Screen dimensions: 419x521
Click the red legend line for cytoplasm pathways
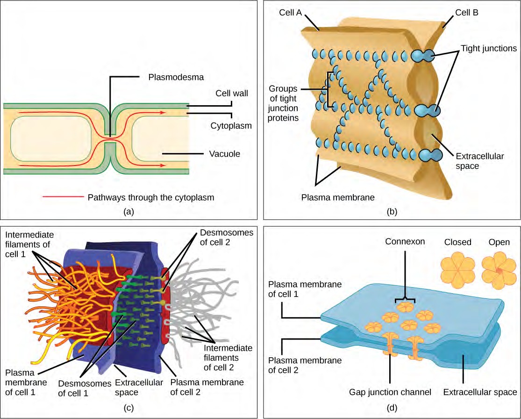coord(63,197)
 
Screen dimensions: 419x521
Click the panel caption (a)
coord(128,211)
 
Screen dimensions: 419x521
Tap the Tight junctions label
coord(488,48)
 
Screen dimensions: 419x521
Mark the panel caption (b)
coord(392,211)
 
